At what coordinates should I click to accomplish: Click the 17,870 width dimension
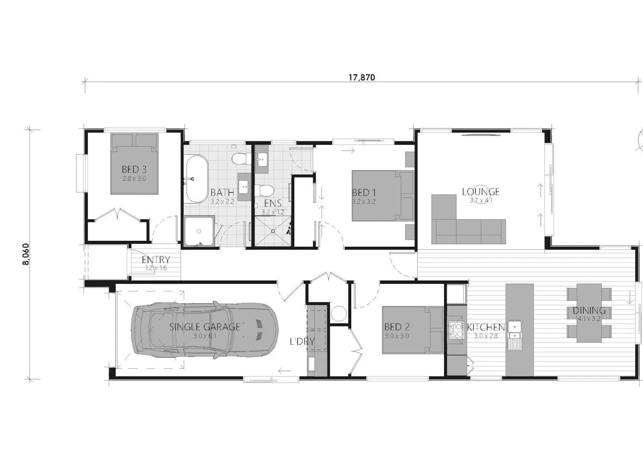coord(362,78)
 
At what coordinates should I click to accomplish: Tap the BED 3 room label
coord(134,170)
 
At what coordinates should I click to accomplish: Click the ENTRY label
coord(156,260)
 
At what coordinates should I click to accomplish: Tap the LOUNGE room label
coord(481,192)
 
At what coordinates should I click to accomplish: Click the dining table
coord(589,313)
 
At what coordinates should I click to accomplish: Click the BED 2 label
coord(397,327)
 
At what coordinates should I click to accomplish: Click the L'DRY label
coord(302,341)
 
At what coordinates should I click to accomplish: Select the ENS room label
coord(273,204)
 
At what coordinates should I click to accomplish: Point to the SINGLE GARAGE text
coord(204,327)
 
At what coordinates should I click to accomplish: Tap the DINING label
coord(589,311)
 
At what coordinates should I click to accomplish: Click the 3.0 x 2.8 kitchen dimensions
coord(486,336)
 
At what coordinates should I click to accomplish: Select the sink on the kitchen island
coord(515,335)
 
